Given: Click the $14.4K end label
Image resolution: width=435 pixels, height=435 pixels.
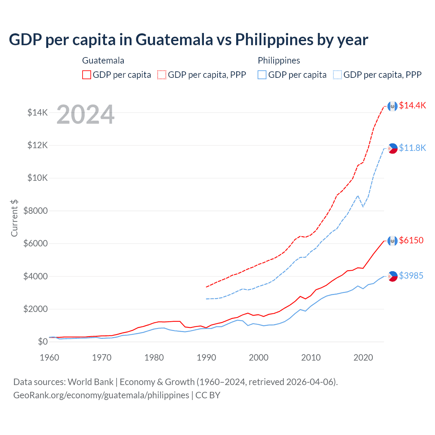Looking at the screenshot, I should [412, 105].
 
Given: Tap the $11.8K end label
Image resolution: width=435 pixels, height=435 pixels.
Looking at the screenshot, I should [412, 148].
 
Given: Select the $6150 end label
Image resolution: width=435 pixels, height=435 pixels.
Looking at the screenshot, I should [411, 240].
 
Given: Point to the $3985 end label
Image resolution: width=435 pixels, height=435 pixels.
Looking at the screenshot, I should [411, 276].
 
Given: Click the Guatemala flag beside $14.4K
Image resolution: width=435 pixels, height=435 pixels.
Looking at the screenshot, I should [393, 106].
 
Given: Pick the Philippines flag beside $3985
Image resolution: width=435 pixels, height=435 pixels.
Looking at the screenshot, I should [393, 276].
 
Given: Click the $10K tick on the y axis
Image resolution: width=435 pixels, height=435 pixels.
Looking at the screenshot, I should [37, 178].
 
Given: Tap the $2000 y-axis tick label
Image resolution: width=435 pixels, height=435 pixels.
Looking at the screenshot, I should [35, 309].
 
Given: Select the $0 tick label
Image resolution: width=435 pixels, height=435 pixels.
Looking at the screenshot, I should [42, 342].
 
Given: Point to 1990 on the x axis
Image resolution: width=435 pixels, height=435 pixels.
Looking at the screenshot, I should [206, 358].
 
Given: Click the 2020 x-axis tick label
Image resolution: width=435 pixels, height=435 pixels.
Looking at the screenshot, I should [363, 358].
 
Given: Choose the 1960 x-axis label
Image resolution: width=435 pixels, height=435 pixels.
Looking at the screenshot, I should [50, 358].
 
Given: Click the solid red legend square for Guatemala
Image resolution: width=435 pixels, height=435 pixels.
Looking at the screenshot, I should [87, 75].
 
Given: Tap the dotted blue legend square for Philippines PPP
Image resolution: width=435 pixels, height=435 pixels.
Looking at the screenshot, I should [337, 75].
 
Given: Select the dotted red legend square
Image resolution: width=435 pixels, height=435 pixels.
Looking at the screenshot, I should [162, 75].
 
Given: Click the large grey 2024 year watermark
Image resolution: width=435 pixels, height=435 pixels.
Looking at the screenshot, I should [85, 115].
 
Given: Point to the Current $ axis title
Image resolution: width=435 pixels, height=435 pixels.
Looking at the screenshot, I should [14, 218].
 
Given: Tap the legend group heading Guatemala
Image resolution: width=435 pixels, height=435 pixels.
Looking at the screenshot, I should [103, 60].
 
